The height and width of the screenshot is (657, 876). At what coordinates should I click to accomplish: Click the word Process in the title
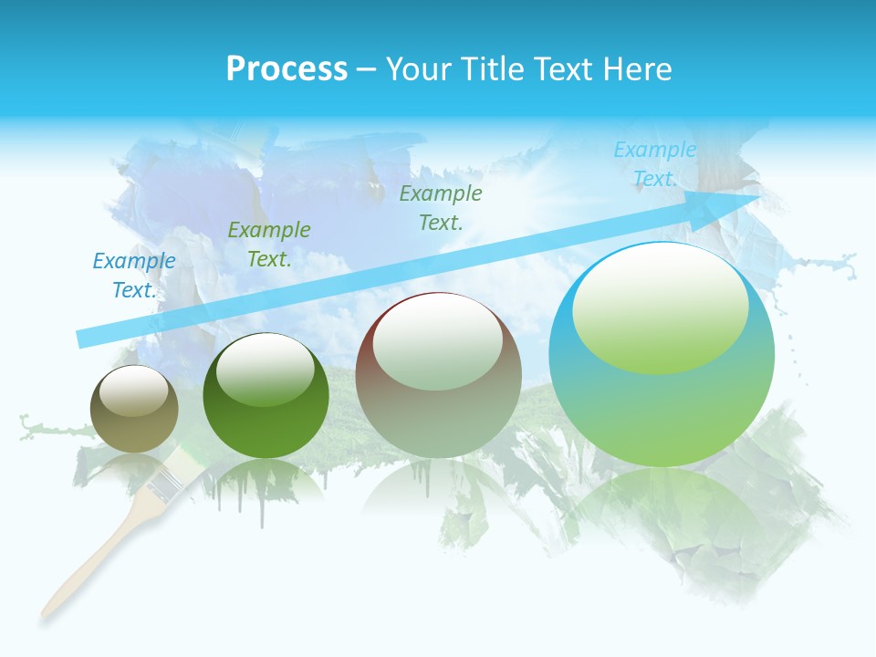tap(287, 69)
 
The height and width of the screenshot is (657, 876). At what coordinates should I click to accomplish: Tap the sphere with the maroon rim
tap(439, 375)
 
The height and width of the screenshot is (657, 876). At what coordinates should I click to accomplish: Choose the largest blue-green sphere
tap(662, 356)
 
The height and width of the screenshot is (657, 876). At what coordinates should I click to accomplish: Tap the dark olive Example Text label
tap(441, 208)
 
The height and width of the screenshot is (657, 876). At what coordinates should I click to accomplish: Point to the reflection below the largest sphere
tap(666, 520)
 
